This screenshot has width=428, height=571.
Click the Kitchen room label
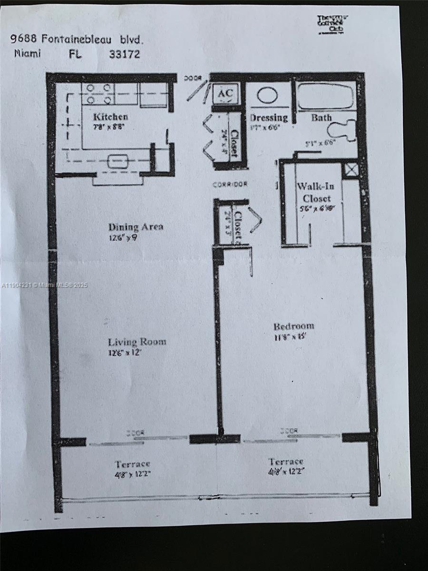[110, 117]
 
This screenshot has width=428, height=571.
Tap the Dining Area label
[136, 227]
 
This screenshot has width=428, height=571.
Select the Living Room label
[137, 342]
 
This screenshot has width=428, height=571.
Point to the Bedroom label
[293, 326]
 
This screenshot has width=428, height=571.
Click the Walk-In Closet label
[315, 192]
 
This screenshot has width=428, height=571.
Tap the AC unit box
[224, 94]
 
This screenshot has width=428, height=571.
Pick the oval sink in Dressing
[267, 95]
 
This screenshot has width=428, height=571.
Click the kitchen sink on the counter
[117, 162]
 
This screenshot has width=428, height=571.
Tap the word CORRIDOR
[230, 184]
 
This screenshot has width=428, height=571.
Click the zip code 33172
[125, 54]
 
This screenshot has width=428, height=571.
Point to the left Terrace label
[132, 464]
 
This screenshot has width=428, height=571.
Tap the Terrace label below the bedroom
[286, 462]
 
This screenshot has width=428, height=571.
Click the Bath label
[321, 118]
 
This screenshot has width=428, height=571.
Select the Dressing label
[269, 118]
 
